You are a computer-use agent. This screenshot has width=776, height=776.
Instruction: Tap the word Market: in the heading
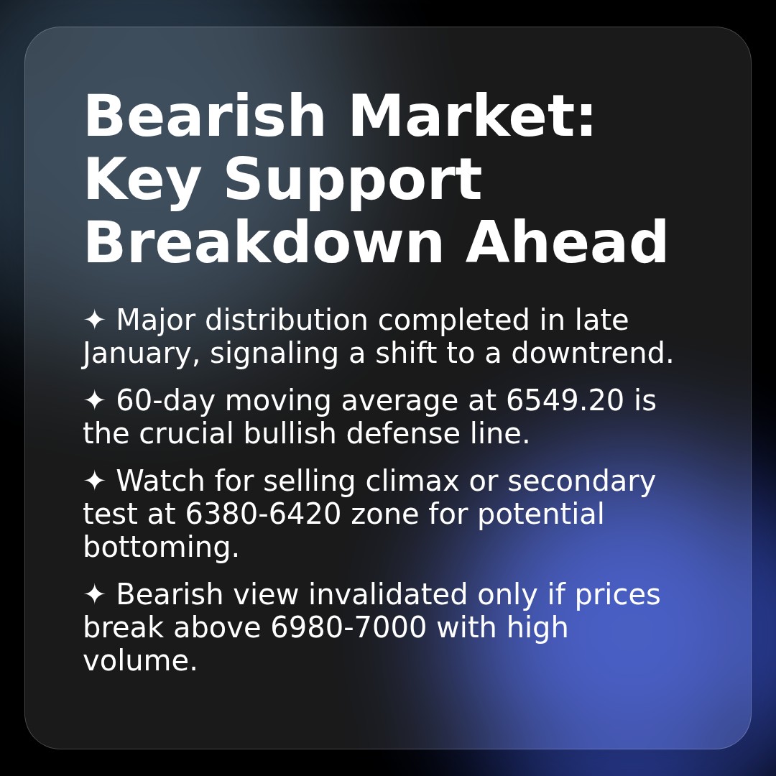click(472, 117)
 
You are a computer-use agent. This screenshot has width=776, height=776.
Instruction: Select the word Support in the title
click(352, 181)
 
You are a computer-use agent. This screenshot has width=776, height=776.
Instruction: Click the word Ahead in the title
click(567, 244)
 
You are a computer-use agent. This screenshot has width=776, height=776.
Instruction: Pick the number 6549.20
click(565, 401)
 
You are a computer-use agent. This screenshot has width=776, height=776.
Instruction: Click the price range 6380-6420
click(263, 514)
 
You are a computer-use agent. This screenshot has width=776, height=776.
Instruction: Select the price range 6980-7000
click(348, 628)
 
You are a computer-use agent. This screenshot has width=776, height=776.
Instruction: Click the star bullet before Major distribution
click(95, 320)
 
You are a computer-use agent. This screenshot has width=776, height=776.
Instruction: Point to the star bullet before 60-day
click(95, 401)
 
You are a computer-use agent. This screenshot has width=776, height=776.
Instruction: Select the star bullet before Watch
click(95, 481)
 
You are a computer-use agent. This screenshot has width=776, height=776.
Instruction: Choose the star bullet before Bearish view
click(95, 595)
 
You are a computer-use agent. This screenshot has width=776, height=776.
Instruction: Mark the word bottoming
click(161, 548)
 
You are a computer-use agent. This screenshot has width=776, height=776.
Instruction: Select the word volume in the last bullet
click(139, 661)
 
